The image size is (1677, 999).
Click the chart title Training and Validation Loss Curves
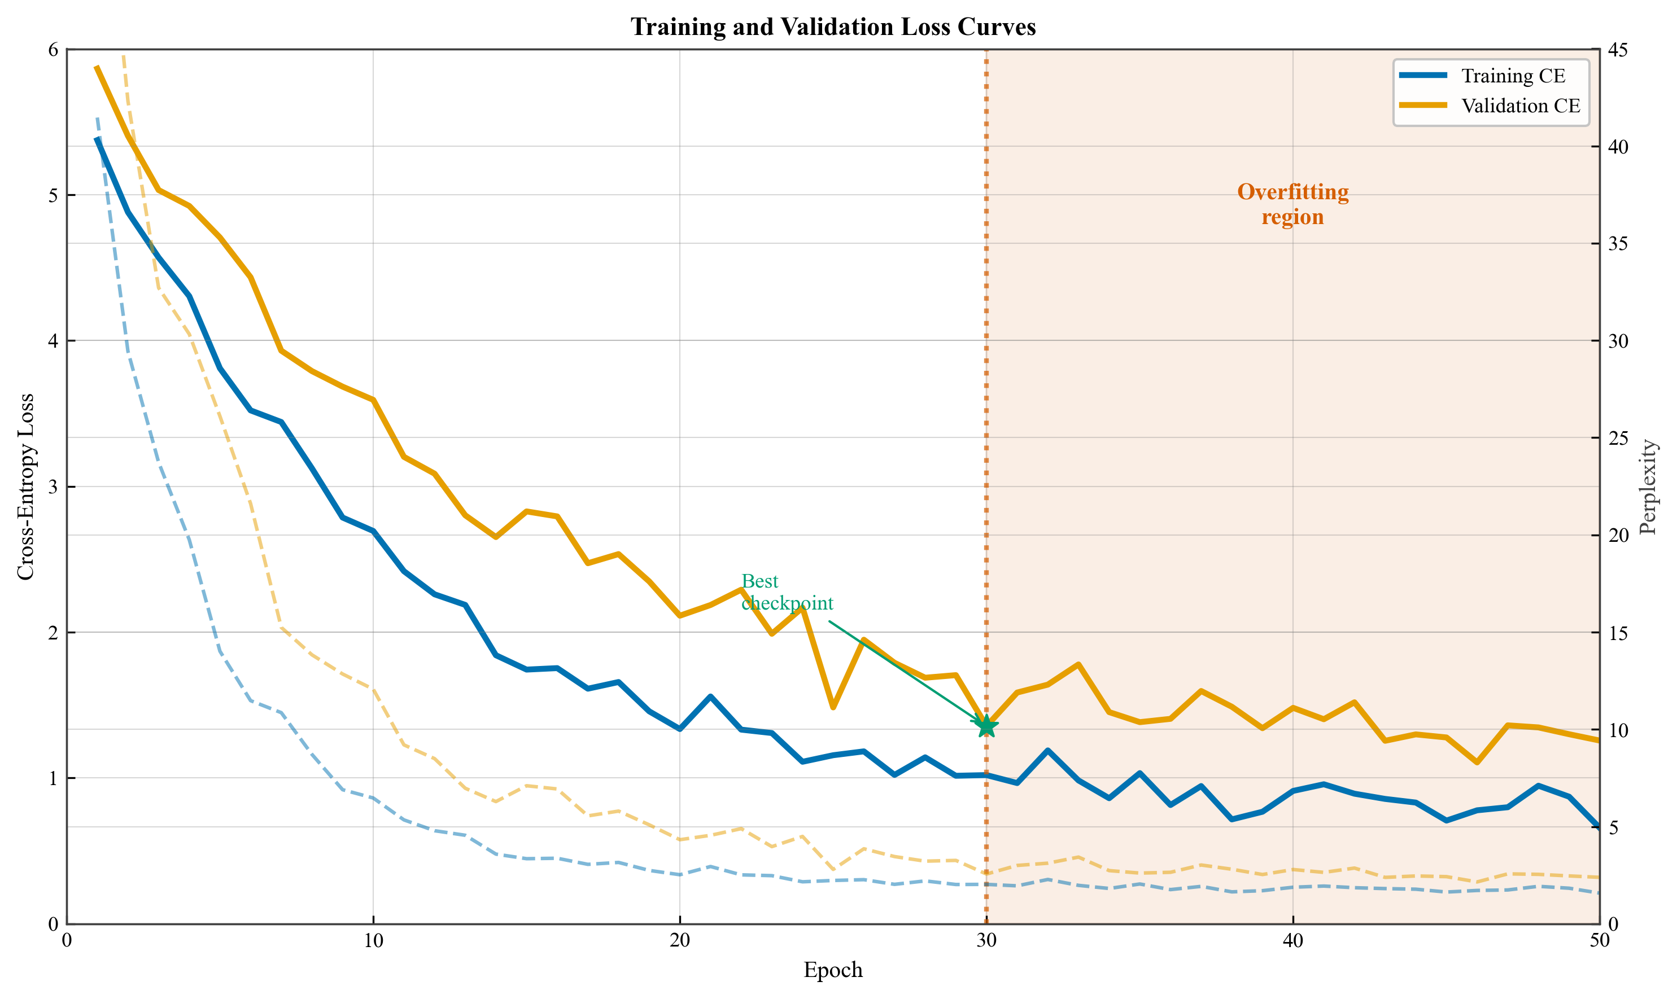click(x=832, y=27)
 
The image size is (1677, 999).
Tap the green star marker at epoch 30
click(x=986, y=726)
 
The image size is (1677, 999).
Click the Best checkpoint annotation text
click(x=787, y=591)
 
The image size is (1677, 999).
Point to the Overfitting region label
click(x=1292, y=204)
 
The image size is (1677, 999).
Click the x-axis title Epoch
click(x=832, y=970)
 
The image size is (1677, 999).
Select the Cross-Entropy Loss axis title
click(x=25, y=486)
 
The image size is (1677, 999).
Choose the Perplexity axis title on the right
click(x=1648, y=486)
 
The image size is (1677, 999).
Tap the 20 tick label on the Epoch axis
click(x=680, y=941)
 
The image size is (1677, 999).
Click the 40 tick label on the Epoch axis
click(x=1292, y=941)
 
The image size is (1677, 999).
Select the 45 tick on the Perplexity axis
click(x=1618, y=50)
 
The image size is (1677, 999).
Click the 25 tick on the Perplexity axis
click(x=1618, y=438)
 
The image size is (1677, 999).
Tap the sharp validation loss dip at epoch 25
click(x=833, y=707)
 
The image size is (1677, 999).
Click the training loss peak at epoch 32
click(x=1047, y=751)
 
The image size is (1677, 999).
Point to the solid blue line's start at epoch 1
click(x=98, y=139)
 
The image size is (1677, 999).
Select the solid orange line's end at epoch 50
click(x=1598, y=740)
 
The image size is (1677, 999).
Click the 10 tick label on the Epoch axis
click(x=373, y=941)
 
